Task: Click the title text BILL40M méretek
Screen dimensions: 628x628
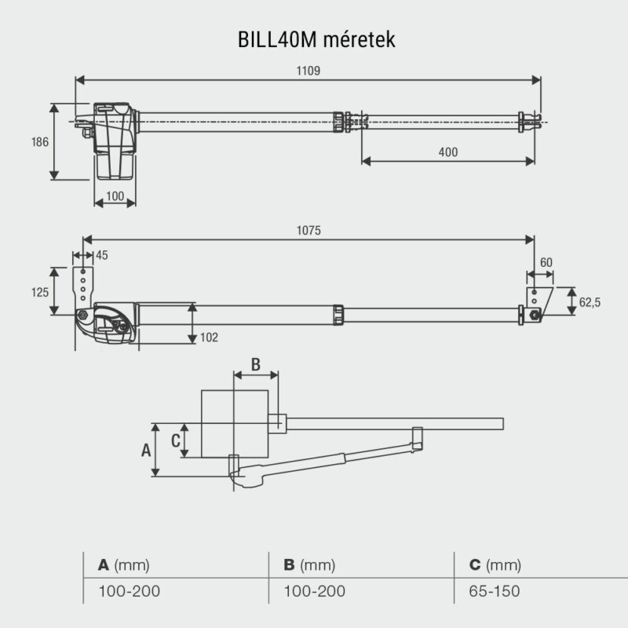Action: (x=313, y=38)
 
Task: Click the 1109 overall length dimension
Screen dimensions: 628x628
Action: (x=309, y=70)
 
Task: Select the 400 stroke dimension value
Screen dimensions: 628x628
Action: (x=447, y=152)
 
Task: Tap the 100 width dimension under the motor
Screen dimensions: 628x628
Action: (x=115, y=196)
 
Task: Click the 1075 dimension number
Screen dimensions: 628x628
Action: (x=309, y=231)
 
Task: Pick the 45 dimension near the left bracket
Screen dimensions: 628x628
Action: (x=102, y=254)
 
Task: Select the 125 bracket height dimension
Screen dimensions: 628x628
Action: (x=40, y=291)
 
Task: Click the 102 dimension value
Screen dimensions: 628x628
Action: (x=209, y=337)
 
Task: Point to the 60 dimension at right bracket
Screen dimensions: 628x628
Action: (x=546, y=262)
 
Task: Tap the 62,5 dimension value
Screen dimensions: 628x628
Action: (x=590, y=301)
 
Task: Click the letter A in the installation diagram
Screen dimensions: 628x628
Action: (x=144, y=450)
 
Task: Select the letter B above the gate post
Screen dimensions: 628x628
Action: (x=255, y=364)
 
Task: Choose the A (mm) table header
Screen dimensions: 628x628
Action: (x=123, y=565)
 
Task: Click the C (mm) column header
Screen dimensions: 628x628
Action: (x=494, y=565)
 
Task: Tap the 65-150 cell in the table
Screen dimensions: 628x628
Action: (x=494, y=591)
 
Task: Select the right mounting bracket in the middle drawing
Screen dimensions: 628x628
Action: (x=534, y=302)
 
